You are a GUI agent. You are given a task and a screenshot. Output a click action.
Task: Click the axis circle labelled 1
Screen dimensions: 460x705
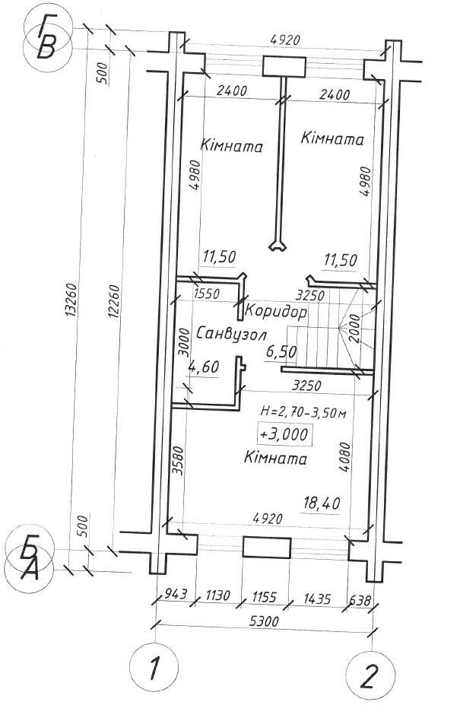coord(154,667)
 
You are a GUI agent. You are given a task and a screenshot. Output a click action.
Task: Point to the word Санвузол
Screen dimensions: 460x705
coord(232,334)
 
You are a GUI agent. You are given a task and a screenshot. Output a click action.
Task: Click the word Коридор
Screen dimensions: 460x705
coord(275,311)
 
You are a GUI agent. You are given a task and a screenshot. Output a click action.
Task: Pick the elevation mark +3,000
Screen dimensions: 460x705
coord(284,434)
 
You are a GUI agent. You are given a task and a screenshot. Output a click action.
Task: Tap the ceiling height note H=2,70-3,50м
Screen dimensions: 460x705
coord(303,411)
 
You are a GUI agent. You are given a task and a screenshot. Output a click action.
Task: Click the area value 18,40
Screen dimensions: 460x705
coord(321,503)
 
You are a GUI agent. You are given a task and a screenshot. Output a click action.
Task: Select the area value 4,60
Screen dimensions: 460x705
coord(204,367)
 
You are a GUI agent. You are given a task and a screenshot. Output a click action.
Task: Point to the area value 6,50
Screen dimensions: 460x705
coord(281,351)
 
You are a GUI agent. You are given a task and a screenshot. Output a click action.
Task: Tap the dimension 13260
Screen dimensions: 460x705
coord(72,300)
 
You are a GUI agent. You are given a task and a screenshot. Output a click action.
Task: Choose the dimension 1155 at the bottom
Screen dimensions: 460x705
coord(264,597)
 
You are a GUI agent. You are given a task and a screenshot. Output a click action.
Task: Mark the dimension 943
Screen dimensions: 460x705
coord(175,594)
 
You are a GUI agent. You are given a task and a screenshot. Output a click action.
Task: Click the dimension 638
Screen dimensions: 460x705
coord(360,601)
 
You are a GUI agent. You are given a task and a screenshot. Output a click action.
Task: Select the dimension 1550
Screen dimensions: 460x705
coord(206,294)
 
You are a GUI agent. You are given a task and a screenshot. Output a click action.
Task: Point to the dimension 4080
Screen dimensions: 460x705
coord(345,457)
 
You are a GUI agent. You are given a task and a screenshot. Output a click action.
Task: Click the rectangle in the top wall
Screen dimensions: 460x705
coord(284,66)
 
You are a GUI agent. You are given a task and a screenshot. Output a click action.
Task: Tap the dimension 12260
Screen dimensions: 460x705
coord(113,301)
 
